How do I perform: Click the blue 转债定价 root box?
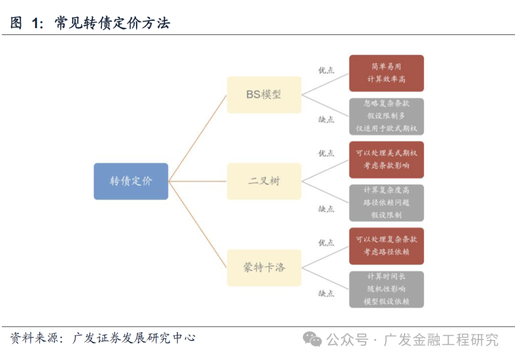(x=131, y=181)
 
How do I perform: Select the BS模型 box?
(x=264, y=94)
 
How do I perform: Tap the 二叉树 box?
(x=264, y=181)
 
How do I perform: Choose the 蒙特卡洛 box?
(x=264, y=267)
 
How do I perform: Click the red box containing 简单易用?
(x=386, y=73)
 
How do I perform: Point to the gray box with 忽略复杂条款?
(x=386, y=116)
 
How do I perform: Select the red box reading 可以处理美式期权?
(x=386, y=159)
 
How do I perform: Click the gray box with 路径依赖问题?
(x=386, y=203)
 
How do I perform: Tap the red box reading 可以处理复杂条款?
(x=386, y=246)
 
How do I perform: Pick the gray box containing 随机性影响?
(x=386, y=289)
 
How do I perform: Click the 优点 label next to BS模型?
(x=326, y=70)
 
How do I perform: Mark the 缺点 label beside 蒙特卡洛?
(x=326, y=293)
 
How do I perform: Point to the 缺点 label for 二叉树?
(x=326, y=208)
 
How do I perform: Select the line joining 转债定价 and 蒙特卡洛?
(x=197, y=224)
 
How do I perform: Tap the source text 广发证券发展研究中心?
(x=134, y=338)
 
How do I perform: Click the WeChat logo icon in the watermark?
(x=312, y=339)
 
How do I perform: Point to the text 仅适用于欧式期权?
(x=386, y=128)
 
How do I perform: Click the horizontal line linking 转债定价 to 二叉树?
(x=197, y=181)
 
